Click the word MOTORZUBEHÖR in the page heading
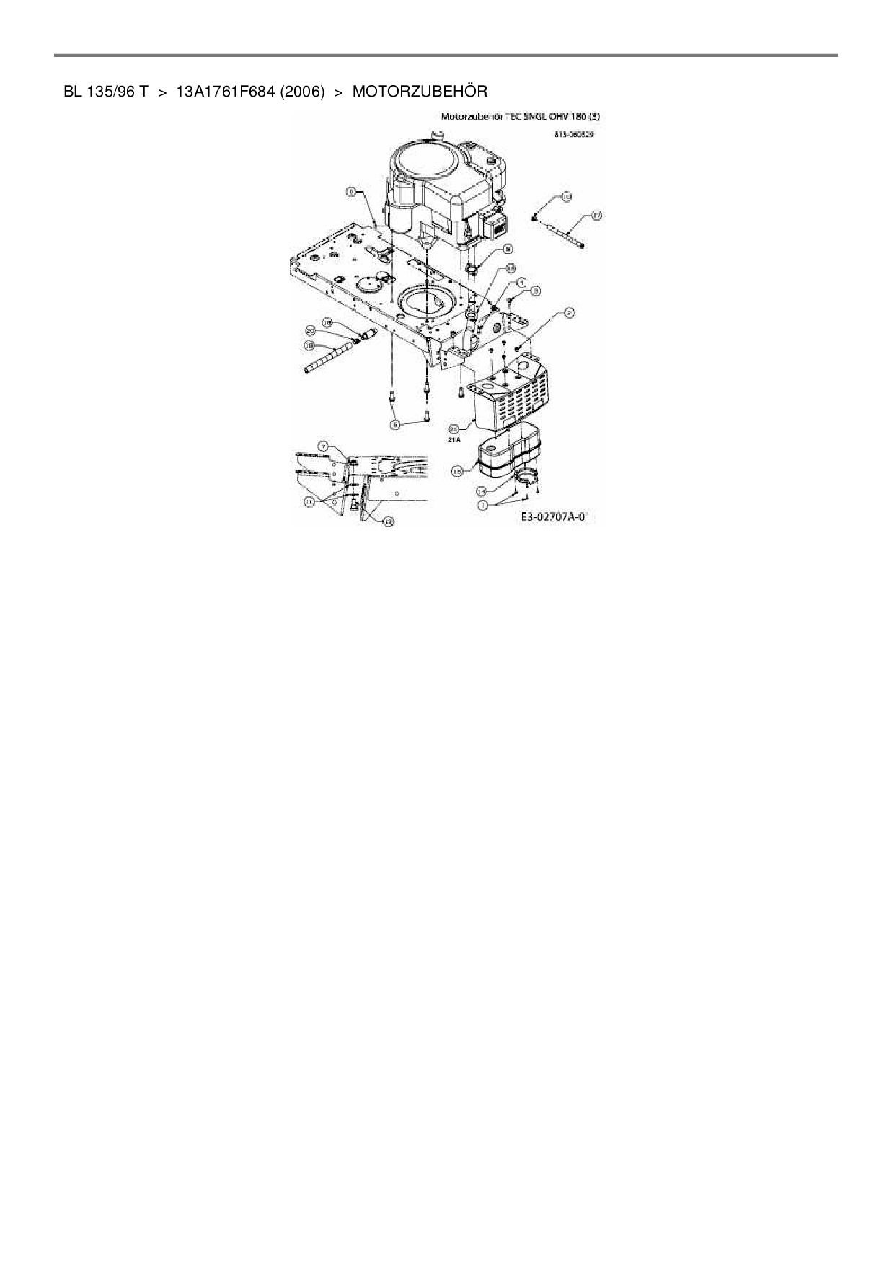[420, 92]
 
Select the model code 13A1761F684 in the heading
[226, 92]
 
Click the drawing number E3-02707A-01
[556, 516]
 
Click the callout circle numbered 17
[596, 215]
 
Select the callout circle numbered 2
[568, 312]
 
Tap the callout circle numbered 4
[521, 283]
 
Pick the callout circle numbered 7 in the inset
[324, 447]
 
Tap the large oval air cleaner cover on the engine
[418, 167]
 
